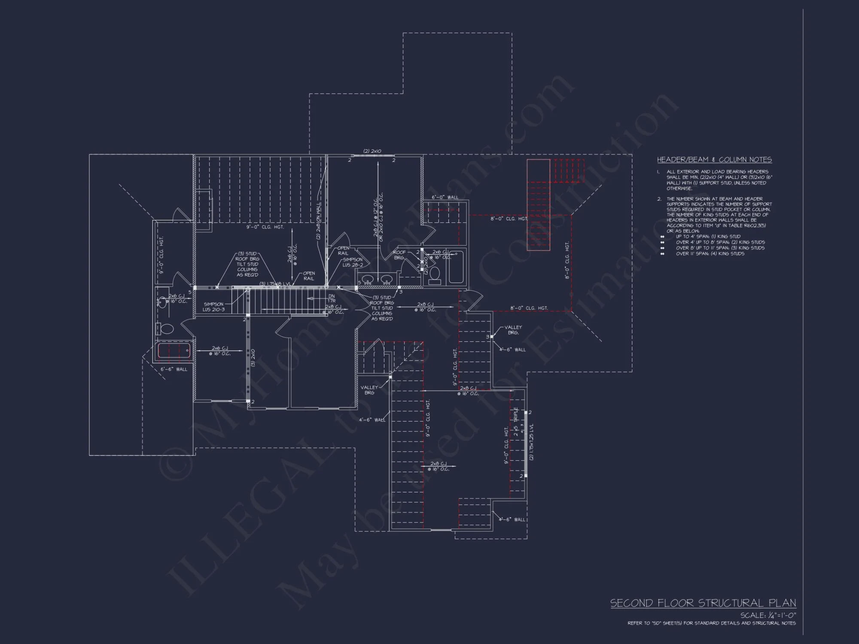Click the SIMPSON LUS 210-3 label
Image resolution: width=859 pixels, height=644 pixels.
point(213,307)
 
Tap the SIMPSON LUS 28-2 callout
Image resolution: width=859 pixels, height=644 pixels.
point(353,262)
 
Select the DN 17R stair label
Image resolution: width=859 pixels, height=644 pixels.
point(331,298)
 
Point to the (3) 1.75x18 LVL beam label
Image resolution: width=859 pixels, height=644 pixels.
point(276,284)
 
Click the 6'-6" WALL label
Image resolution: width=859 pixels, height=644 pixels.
point(174,369)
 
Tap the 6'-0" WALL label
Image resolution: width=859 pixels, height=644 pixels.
point(445,197)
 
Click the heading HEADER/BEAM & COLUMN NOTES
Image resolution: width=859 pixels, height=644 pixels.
point(714,160)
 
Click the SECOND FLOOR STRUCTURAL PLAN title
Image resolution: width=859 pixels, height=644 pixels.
point(703,603)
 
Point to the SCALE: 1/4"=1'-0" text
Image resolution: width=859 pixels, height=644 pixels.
point(768,616)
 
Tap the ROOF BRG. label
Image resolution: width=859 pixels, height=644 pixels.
point(399,255)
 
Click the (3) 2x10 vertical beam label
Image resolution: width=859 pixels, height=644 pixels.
point(253,358)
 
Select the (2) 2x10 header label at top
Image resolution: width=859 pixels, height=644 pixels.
point(372,151)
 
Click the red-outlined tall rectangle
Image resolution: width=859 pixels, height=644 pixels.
point(539,205)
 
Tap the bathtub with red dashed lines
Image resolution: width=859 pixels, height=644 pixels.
point(174,351)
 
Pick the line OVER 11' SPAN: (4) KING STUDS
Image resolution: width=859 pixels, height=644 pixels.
point(710,254)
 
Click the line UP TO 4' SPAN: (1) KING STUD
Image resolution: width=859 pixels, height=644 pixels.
point(708,237)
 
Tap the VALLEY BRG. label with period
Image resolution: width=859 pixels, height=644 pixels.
point(513,330)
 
